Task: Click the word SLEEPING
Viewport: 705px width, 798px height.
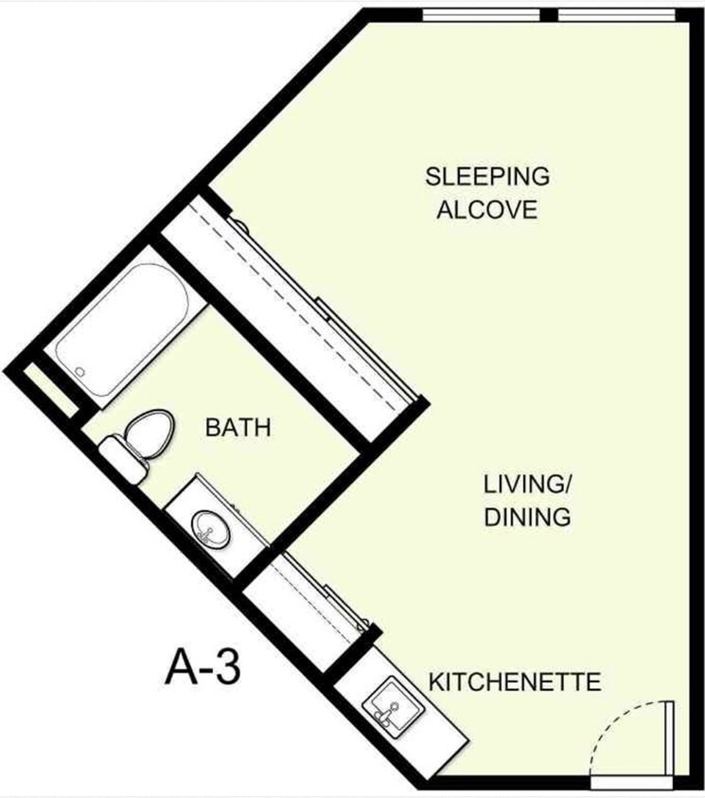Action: click(487, 176)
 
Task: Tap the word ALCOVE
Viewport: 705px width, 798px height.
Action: click(486, 209)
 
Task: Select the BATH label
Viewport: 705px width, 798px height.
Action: click(238, 428)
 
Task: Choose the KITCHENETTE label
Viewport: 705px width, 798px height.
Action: click(515, 682)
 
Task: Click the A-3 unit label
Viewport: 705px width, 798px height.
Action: click(203, 667)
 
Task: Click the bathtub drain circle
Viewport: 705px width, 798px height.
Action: click(81, 372)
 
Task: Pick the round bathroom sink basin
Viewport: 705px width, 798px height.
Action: click(210, 528)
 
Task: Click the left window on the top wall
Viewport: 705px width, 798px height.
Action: click(480, 14)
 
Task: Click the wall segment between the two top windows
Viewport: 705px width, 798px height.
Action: click(548, 14)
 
